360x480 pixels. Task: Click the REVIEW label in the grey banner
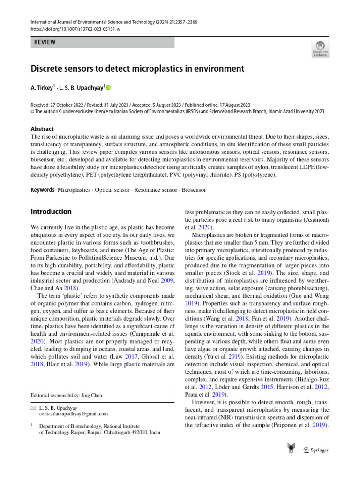point(45,42)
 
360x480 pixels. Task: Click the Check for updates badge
point(320,48)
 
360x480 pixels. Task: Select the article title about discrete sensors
point(137,69)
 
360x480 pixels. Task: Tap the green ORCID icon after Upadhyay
point(109,88)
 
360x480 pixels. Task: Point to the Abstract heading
point(42,129)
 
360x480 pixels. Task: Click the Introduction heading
point(51,211)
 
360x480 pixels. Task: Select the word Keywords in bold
point(43,190)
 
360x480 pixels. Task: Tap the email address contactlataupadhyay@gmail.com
point(74,414)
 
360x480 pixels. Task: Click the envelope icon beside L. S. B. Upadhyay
point(32,407)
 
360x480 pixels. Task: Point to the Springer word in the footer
point(320,450)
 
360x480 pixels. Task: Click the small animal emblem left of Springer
point(292,449)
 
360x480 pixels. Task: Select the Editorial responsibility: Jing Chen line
point(67,395)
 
